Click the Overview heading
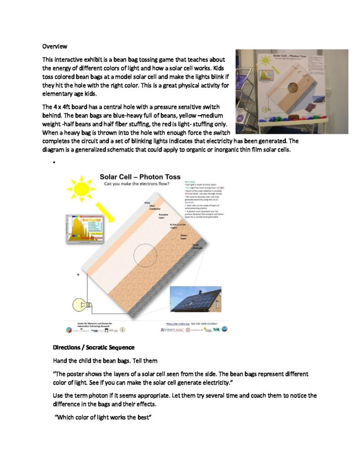(55, 46)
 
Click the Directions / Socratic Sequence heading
(94, 347)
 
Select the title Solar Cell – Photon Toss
(140, 177)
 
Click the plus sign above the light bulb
(78, 275)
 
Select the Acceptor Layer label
(165, 216)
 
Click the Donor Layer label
(184, 237)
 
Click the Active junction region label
(177, 226)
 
